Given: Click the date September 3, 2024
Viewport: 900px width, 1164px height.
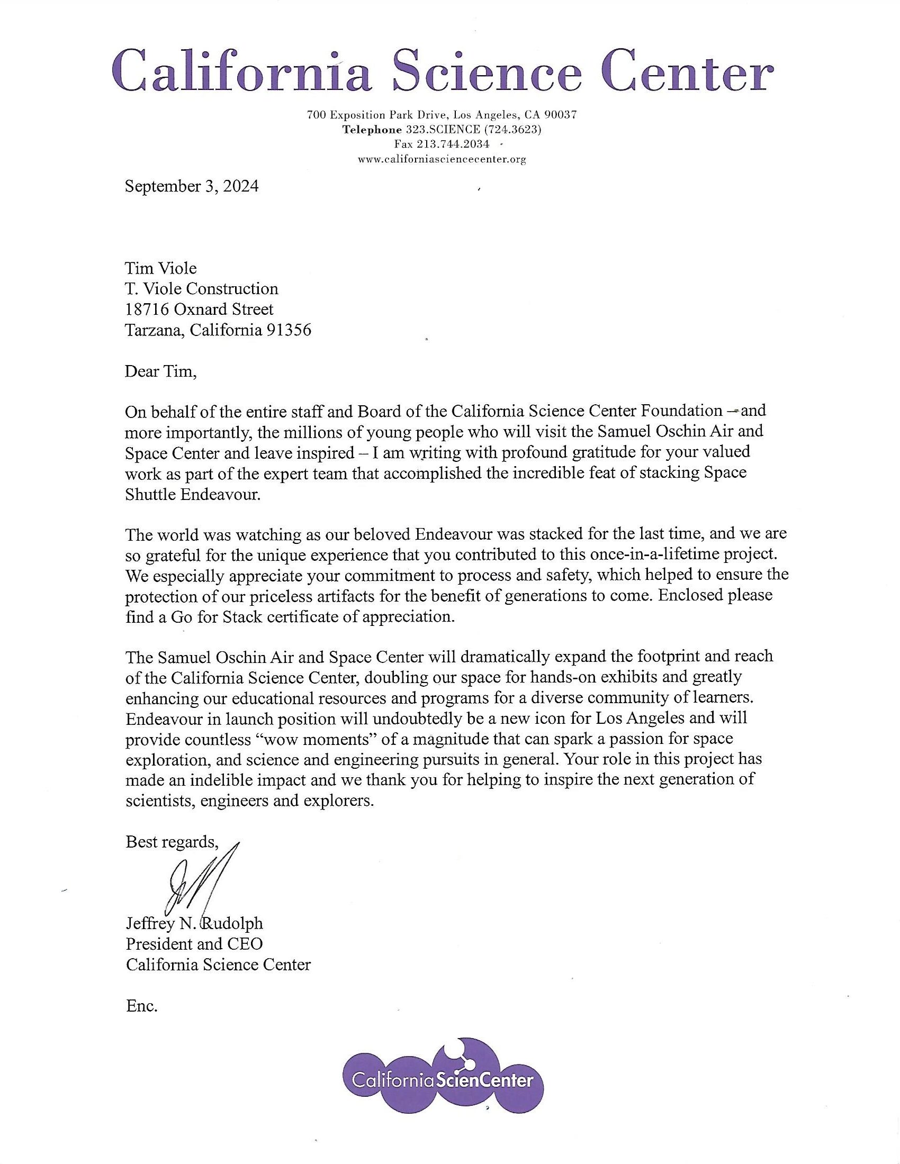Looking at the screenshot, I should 192,187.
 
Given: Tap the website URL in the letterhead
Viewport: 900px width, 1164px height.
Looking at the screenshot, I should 442,159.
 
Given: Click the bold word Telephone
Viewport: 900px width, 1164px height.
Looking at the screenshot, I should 372,129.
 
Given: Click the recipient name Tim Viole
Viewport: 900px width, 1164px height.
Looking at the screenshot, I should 160,268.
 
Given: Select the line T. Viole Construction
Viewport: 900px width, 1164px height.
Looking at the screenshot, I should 202,288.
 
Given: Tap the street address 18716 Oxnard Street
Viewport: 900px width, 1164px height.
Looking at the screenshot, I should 199,309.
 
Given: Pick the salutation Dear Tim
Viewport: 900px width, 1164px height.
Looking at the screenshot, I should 160,371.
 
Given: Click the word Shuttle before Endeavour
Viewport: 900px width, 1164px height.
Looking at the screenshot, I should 150,494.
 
